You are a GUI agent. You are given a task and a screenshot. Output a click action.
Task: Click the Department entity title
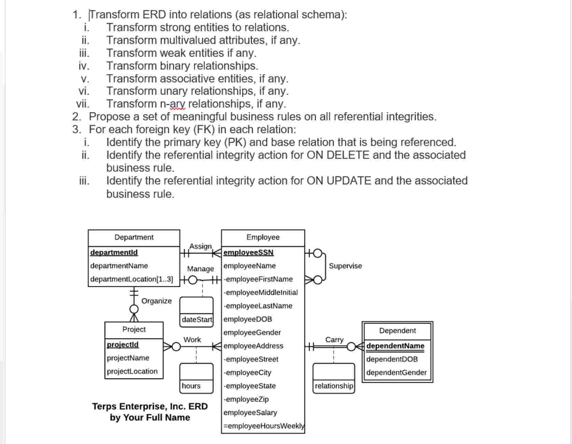pyautogui.click(x=134, y=237)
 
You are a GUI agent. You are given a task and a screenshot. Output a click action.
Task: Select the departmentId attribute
pyautogui.click(x=114, y=253)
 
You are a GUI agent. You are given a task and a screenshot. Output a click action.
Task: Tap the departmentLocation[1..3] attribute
pyautogui.click(x=131, y=279)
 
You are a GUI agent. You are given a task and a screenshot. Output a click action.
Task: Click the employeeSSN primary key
pyautogui.click(x=248, y=253)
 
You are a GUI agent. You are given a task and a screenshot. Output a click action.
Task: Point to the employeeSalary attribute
pyautogui.click(x=250, y=413)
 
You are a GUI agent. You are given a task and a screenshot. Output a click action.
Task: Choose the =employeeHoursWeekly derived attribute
pyautogui.click(x=264, y=426)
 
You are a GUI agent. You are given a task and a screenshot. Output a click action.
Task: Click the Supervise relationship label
pyautogui.click(x=345, y=266)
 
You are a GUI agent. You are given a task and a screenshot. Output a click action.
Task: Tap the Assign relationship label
pyautogui.click(x=200, y=246)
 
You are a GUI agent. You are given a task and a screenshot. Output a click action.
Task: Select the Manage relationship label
pyautogui.click(x=200, y=269)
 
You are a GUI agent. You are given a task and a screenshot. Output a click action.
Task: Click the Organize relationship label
pyautogui.click(x=156, y=301)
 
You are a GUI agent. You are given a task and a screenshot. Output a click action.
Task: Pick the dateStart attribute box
pyautogui.click(x=197, y=320)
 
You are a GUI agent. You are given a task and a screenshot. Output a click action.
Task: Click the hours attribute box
pyautogui.click(x=191, y=386)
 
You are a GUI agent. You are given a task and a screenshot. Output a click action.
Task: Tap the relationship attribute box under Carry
pyautogui.click(x=334, y=386)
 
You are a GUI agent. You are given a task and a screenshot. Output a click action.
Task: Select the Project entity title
pyautogui.click(x=134, y=329)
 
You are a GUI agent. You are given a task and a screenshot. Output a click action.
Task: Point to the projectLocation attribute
pyautogui.click(x=132, y=371)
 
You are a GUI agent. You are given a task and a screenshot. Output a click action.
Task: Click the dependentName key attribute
pyautogui.click(x=395, y=346)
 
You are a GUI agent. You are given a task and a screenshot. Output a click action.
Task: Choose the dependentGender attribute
pyautogui.click(x=396, y=373)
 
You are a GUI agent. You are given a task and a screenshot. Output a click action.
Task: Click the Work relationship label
pyautogui.click(x=192, y=340)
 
